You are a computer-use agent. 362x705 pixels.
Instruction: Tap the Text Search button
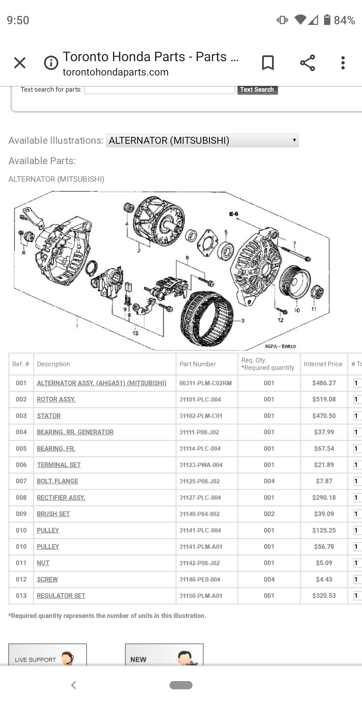click(257, 90)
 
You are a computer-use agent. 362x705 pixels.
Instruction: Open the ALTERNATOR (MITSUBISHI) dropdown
click(202, 140)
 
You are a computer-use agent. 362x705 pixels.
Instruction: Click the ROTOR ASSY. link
click(56, 399)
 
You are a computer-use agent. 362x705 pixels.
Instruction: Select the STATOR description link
click(49, 416)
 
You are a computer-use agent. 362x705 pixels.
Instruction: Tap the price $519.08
click(324, 399)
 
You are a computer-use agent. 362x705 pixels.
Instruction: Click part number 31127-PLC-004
click(200, 498)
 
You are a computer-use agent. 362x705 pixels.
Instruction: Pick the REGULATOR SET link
click(61, 596)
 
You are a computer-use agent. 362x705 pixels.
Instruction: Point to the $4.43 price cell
click(324, 580)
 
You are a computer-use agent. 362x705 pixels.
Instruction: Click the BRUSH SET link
click(53, 514)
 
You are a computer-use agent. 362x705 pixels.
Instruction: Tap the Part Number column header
click(198, 364)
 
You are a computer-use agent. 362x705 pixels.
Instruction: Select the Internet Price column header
click(323, 364)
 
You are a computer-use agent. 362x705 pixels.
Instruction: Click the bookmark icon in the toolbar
click(268, 63)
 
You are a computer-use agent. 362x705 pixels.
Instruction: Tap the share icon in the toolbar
click(307, 63)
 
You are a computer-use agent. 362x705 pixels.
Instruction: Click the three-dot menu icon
click(343, 63)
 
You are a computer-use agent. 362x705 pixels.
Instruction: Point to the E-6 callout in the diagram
click(233, 214)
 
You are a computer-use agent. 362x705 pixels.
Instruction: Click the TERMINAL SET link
click(59, 465)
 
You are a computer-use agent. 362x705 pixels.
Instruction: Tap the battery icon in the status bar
click(327, 20)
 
